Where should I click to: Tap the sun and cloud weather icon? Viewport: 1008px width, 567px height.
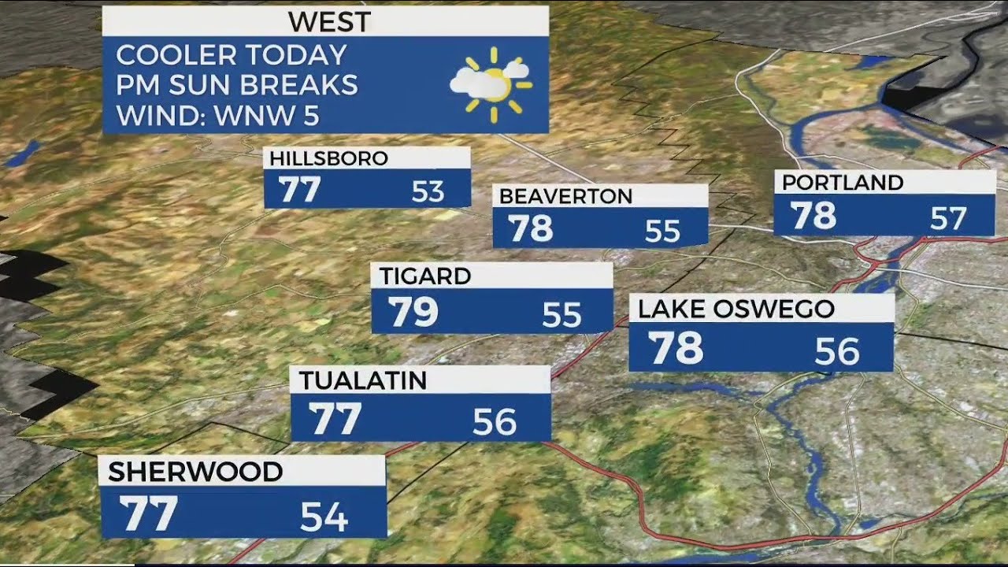point(491,84)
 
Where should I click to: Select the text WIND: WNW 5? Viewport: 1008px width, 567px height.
point(217,116)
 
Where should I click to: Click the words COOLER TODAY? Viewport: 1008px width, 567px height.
point(231,55)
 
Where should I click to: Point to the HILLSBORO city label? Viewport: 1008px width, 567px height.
point(328,158)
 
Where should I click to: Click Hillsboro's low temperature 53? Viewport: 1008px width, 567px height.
point(428,191)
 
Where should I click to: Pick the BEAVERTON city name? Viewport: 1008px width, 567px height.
point(565,196)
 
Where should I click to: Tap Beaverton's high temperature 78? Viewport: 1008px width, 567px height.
point(531,228)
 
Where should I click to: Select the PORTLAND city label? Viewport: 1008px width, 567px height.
point(842,183)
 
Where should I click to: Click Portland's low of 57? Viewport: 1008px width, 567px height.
point(947,218)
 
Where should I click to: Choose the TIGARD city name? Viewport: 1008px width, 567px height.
point(425,276)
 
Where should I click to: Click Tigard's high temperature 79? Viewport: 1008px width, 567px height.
point(413,313)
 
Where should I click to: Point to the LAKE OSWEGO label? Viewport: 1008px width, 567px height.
point(736,309)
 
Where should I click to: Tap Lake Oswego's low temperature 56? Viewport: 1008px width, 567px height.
point(836,352)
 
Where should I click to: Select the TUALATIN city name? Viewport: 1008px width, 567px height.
point(363,380)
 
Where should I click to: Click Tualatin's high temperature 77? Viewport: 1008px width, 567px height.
point(335,418)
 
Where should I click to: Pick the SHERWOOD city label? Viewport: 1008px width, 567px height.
point(195,472)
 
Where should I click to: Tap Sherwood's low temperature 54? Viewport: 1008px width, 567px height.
point(324,517)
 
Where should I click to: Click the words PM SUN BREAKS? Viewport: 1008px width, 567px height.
point(236,85)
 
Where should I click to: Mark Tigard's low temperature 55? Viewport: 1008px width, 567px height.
point(561,316)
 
